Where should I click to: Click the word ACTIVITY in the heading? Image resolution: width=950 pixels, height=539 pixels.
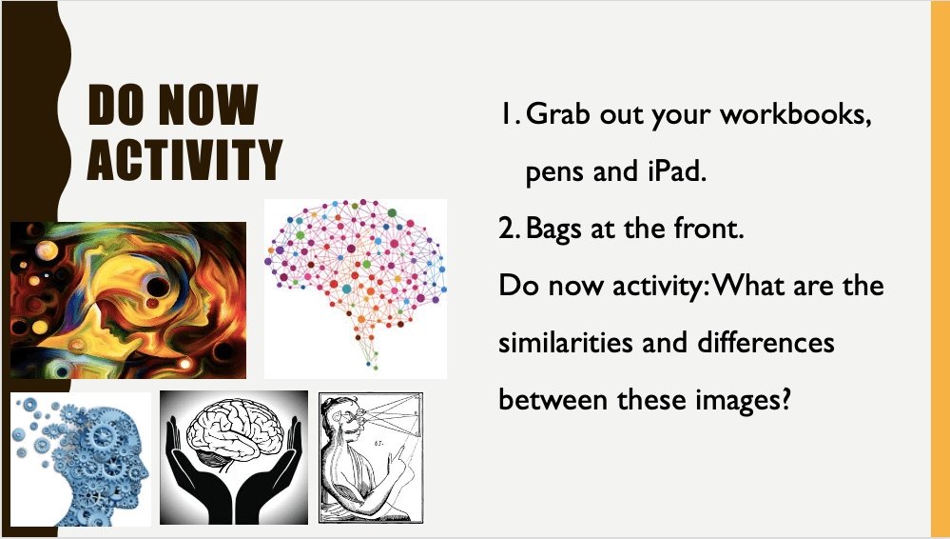[x=184, y=159]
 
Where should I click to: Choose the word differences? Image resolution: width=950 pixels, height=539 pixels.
[x=766, y=342]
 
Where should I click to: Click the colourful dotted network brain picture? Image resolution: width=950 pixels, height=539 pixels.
[x=356, y=289]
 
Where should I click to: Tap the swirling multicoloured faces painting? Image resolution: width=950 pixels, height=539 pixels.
[x=128, y=301]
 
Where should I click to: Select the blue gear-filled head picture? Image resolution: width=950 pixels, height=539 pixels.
[x=81, y=460]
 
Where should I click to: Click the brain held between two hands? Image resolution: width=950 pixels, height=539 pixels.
[x=234, y=458]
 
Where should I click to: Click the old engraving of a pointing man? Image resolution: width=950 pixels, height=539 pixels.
[x=371, y=458]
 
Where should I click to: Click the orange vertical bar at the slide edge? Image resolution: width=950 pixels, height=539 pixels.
[x=940, y=269]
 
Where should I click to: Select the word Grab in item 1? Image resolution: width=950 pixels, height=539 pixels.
[x=558, y=113]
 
